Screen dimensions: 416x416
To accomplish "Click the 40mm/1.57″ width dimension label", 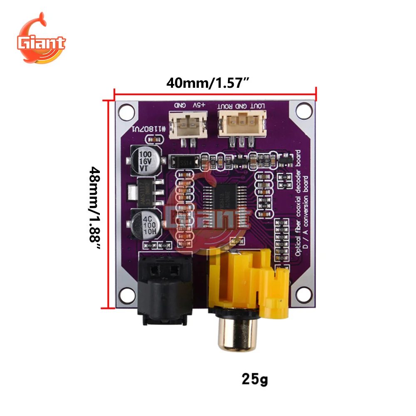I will (208, 83).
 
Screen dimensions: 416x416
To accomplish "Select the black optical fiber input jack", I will (165, 287).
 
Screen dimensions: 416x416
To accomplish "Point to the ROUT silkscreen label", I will (227, 106).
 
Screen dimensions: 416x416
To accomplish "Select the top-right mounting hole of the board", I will (304, 111).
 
